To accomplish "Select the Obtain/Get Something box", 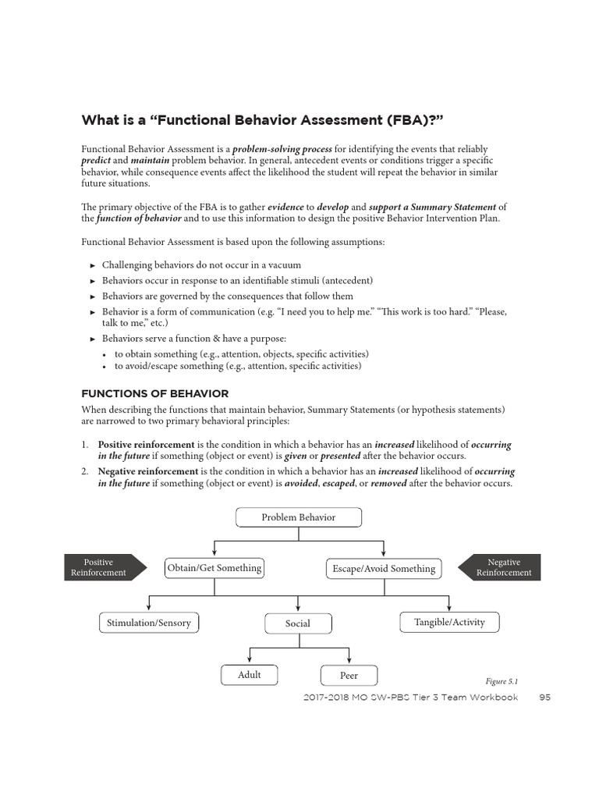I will [214, 568].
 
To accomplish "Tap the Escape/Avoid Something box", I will [382, 569].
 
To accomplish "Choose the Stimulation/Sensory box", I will [149, 623].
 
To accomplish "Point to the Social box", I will [298, 623].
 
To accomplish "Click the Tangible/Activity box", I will [448, 622].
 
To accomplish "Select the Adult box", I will [250, 675].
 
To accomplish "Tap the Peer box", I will [349, 676].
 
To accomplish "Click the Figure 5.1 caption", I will [501, 680].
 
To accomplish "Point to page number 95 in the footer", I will [544, 698].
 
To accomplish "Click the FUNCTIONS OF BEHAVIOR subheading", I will [155, 394].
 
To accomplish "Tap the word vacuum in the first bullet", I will [284, 265].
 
